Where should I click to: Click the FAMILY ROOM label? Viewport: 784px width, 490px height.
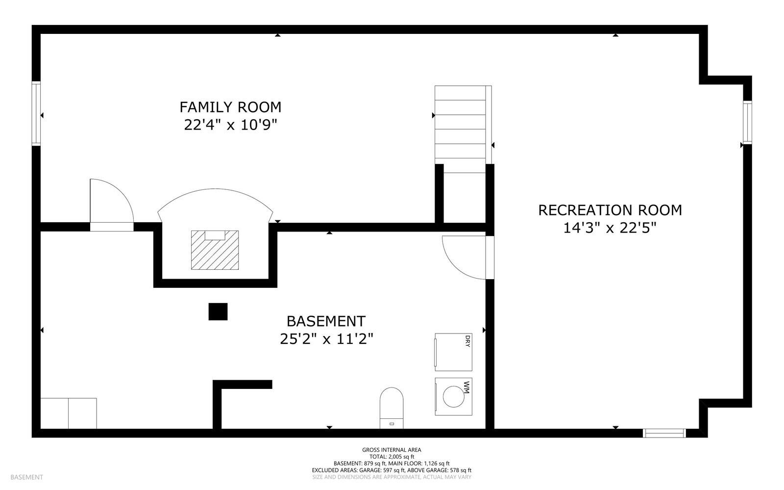tap(230, 107)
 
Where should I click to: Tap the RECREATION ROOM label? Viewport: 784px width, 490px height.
tap(610, 210)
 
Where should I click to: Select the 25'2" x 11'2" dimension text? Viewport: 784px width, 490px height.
tap(326, 339)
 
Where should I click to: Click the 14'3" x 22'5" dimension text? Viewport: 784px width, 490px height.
tap(610, 228)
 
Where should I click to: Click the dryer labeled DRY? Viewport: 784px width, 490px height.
tap(453, 352)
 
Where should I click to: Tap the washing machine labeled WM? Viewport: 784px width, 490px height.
tap(453, 396)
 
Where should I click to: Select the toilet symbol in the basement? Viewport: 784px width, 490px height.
tap(392, 408)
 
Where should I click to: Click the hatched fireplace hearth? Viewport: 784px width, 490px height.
tap(215, 250)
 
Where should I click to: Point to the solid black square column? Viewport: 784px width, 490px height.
tap(218, 312)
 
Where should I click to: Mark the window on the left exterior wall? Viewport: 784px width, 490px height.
tap(36, 113)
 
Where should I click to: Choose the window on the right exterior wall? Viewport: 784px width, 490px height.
tap(747, 122)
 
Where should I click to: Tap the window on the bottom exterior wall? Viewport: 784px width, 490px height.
tap(664, 433)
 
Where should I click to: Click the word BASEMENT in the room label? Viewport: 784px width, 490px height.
tap(326, 321)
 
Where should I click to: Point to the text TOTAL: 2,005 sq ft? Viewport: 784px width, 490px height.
tap(392, 457)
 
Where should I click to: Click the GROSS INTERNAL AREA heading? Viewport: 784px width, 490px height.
tap(392, 450)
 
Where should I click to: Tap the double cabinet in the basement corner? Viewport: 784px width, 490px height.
tap(69, 413)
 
